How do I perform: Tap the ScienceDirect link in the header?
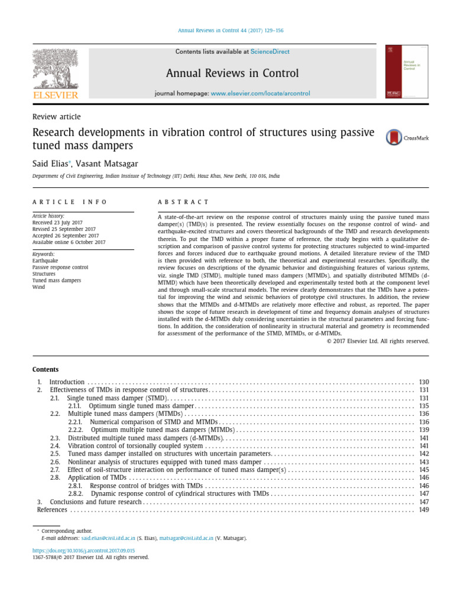270,52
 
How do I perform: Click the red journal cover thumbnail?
408,71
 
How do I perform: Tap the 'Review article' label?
57,117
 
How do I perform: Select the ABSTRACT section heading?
183,202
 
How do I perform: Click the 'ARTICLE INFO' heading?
70,202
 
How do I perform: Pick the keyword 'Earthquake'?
45,261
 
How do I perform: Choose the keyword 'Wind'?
38,287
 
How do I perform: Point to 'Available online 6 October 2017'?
69,242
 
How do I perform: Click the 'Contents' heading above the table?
46,369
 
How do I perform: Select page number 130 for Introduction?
423,382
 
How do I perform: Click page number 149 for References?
423,510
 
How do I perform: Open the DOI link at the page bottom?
84,549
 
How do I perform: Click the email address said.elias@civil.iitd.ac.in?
108,538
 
